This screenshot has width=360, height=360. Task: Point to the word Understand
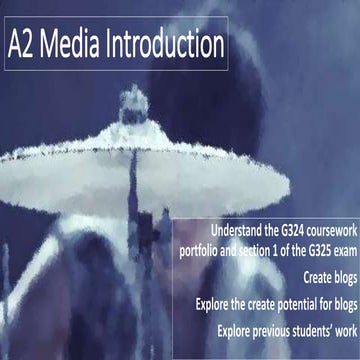pyautogui.click(x=229, y=227)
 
